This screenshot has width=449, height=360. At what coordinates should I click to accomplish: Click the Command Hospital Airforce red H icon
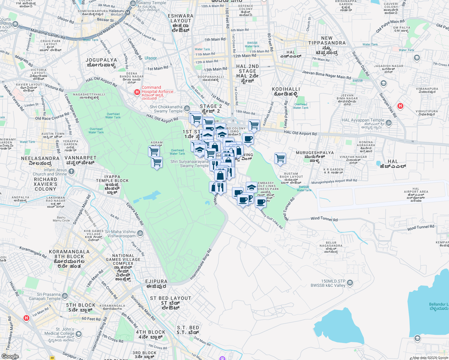[x=137, y=92]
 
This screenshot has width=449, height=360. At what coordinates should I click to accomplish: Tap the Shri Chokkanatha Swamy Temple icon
[x=187, y=108]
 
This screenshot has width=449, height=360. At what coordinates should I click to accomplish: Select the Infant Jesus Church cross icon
[x=71, y=171]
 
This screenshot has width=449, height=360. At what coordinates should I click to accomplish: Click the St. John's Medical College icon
[x=78, y=334]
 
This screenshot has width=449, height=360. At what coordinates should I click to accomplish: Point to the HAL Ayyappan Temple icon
[x=389, y=123]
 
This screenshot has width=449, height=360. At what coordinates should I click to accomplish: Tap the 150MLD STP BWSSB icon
[x=350, y=283]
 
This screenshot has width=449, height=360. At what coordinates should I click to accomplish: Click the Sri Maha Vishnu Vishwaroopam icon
[x=140, y=233]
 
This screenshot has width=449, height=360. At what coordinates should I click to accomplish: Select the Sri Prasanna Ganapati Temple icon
[x=65, y=296]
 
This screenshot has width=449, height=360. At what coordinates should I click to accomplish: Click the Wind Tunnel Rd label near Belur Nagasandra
[x=324, y=219]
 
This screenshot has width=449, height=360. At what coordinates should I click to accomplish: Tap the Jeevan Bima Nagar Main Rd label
[x=326, y=75]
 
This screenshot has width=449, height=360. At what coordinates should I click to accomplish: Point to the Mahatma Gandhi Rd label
[x=48, y=34]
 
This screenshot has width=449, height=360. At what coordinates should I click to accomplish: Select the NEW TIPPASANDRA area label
[x=327, y=40]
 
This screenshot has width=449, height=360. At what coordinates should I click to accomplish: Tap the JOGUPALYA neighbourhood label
[x=101, y=60]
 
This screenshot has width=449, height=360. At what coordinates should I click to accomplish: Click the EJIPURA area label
[x=156, y=281]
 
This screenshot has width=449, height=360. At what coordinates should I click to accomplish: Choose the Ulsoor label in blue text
[x=151, y=58]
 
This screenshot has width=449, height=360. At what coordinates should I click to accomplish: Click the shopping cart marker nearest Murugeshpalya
[x=280, y=158]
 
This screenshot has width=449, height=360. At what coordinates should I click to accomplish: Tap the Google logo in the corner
[x=10, y=356]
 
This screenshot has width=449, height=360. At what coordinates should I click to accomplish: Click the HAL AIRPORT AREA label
[x=416, y=192]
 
